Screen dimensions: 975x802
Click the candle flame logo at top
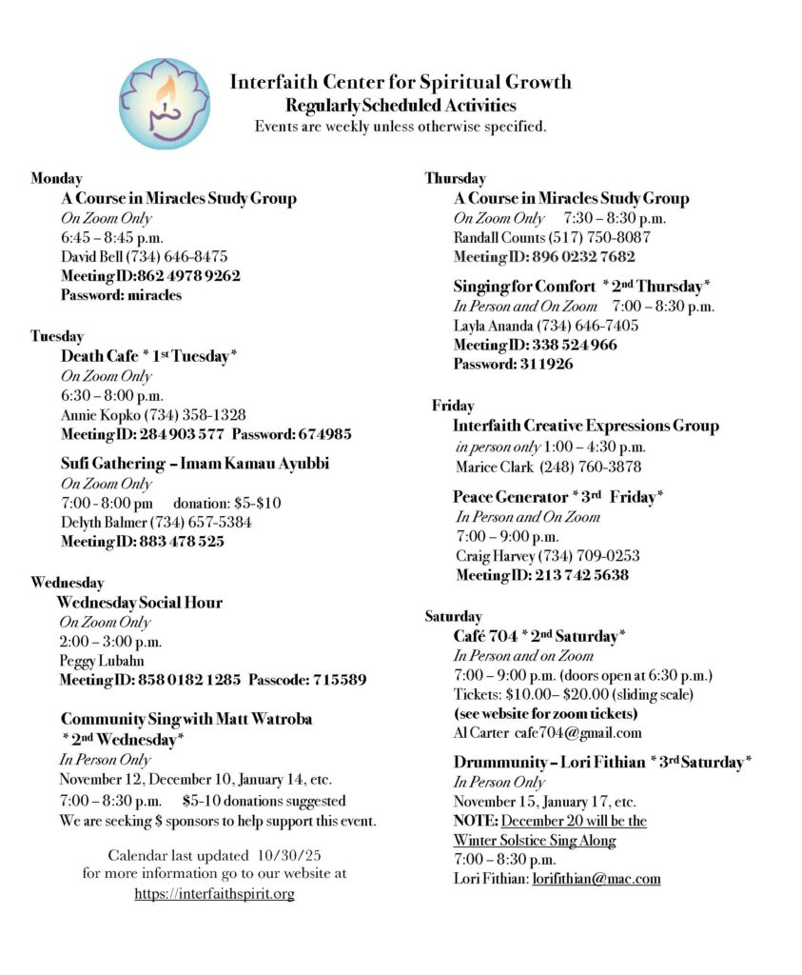(x=164, y=103)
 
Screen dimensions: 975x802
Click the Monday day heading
(x=56, y=178)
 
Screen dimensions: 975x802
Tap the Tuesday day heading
(x=57, y=336)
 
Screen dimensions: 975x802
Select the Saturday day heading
(x=453, y=616)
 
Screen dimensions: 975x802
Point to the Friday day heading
(x=453, y=406)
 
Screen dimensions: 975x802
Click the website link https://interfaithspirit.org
(x=214, y=893)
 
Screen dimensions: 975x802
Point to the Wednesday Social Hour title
(x=139, y=602)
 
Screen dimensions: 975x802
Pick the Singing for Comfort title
(x=523, y=286)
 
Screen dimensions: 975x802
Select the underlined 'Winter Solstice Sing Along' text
(x=534, y=841)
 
